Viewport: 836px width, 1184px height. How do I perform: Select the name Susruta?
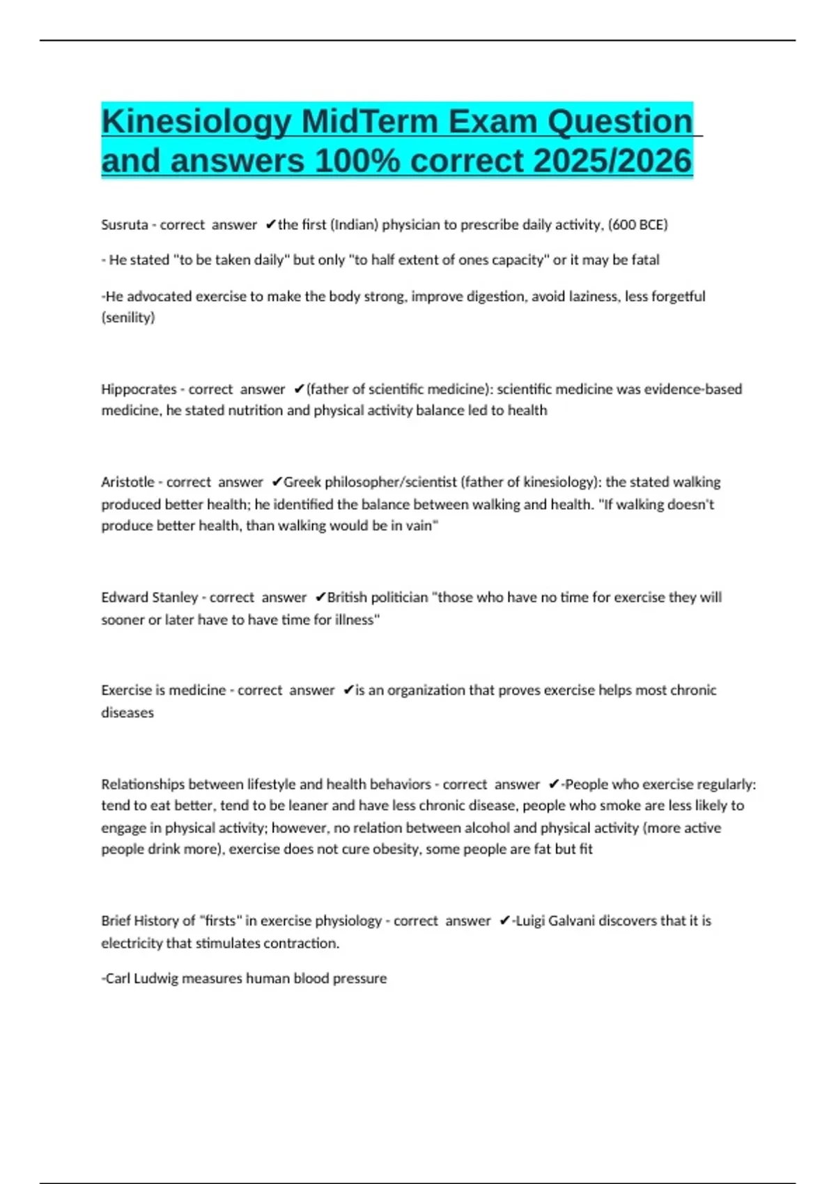(125, 225)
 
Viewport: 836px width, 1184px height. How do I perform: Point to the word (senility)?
(128, 318)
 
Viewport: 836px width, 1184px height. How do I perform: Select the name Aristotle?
(128, 482)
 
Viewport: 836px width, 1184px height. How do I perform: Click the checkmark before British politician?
(320, 598)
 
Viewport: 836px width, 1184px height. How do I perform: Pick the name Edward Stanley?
(150, 598)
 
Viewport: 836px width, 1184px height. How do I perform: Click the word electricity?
(131, 943)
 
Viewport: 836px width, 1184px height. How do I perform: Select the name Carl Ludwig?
(141, 979)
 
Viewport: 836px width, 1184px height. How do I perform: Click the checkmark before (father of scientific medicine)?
(299, 389)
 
